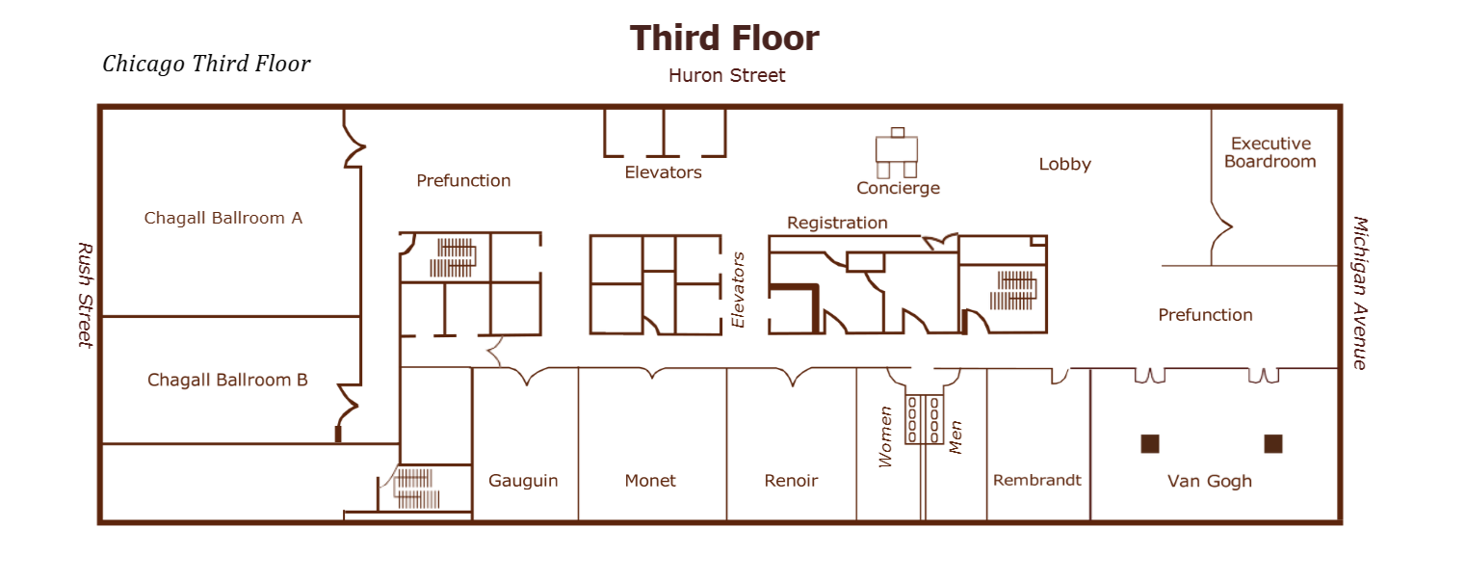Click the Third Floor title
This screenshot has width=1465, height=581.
(x=724, y=39)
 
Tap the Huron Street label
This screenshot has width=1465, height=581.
(x=727, y=75)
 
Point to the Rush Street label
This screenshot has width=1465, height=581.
(x=85, y=294)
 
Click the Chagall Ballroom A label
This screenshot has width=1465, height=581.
(x=223, y=218)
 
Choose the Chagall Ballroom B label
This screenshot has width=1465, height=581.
(x=227, y=380)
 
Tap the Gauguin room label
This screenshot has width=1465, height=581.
(x=523, y=481)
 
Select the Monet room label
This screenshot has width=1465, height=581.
(x=650, y=481)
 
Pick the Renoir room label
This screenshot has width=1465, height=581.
(x=791, y=481)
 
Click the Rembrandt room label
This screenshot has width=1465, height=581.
(x=1037, y=480)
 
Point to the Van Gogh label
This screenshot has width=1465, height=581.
(x=1210, y=481)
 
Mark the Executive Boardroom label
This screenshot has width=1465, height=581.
(x=1270, y=152)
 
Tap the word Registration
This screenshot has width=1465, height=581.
(x=837, y=223)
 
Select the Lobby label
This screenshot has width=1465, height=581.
(x=1064, y=164)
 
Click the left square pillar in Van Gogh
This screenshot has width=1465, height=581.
(x=1149, y=443)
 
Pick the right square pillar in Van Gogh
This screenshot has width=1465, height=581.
(x=1273, y=443)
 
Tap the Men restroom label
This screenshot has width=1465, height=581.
(x=956, y=436)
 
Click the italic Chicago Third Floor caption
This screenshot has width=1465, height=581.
(x=206, y=65)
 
